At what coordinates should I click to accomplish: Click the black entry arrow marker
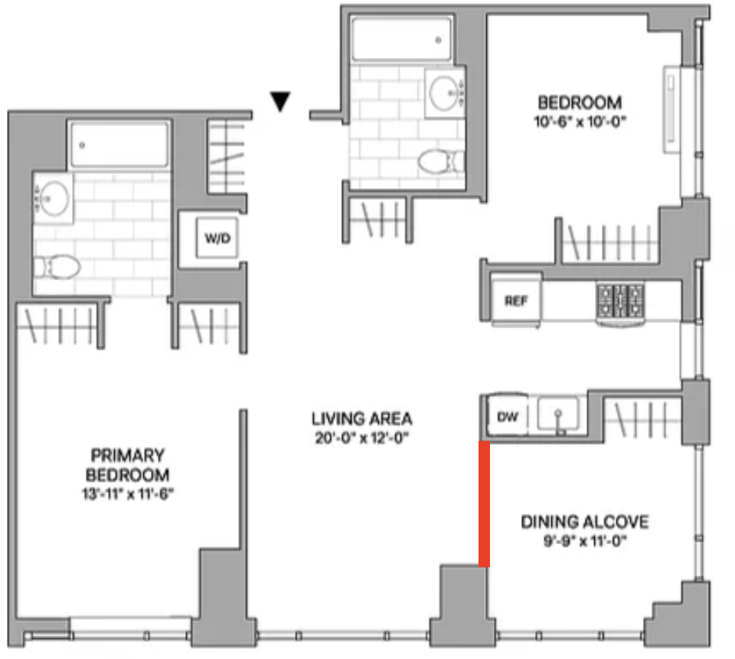pyautogui.click(x=280, y=101)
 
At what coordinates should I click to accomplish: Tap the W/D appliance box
pyautogui.click(x=217, y=237)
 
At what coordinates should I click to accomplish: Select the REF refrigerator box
pyautogui.click(x=515, y=300)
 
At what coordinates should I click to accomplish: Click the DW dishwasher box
pyautogui.click(x=508, y=416)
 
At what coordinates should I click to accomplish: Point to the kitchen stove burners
pyautogui.click(x=620, y=300)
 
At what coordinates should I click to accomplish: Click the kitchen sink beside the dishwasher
pyautogui.click(x=558, y=415)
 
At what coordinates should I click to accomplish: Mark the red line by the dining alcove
pyautogui.click(x=484, y=504)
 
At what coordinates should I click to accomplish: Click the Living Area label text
pyautogui.click(x=362, y=418)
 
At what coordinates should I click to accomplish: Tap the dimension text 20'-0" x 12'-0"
pyautogui.click(x=362, y=439)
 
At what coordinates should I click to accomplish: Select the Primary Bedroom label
pyautogui.click(x=128, y=465)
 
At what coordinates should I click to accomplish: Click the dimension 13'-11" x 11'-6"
pyautogui.click(x=128, y=494)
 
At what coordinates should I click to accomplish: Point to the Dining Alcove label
pyautogui.click(x=585, y=522)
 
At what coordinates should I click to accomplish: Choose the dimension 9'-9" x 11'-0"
pyautogui.click(x=585, y=542)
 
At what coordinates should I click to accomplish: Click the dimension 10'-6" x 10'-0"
pyautogui.click(x=580, y=122)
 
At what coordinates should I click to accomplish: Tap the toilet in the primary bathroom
pyautogui.click(x=57, y=267)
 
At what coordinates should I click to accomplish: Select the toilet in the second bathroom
pyautogui.click(x=440, y=161)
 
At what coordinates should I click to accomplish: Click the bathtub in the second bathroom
pyautogui.click(x=401, y=39)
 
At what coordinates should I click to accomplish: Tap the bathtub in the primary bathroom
pyautogui.click(x=119, y=145)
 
